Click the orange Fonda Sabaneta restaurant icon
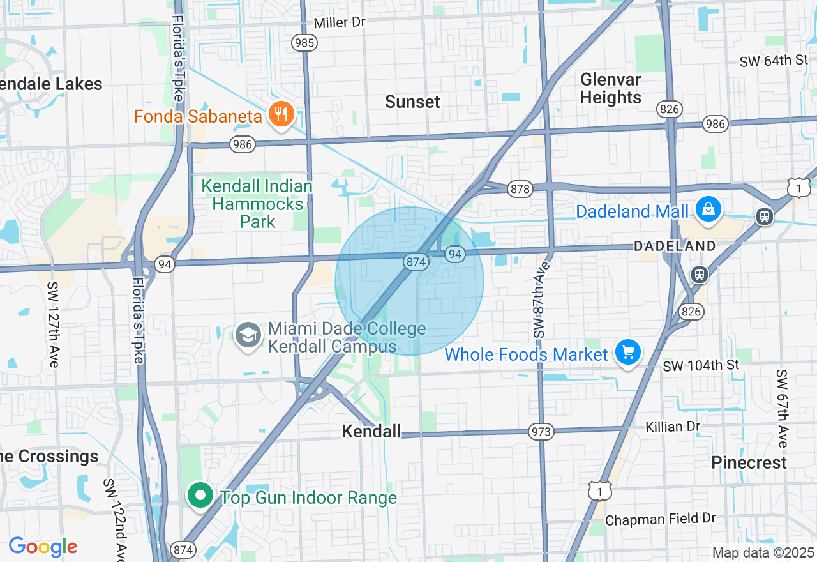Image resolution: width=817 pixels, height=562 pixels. [x=281, y=116]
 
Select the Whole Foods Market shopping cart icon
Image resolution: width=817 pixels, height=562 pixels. [x=628, y=352]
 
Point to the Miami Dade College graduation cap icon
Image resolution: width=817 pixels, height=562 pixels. [x=248, y=335]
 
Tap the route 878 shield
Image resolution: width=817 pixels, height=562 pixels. [x=520, y=189]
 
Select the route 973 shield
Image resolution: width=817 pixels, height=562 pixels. [x=541, y=432]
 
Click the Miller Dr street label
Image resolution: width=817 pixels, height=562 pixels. [x=340, y=23]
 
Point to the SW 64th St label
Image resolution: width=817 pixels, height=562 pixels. [x=774, y=61]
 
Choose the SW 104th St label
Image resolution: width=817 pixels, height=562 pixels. [x=701, y=365]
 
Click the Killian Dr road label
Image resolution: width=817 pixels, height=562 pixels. [x=673, y=426]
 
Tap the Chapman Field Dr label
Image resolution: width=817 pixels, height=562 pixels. [x=661, y=519]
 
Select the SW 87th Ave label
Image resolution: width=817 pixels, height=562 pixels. [x=540, y=300]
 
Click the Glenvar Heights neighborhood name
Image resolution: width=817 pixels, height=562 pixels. [x=611, y=88]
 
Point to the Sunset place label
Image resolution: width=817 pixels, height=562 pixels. [x=413, y=102]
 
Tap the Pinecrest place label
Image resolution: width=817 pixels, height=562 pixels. [x=749, y=462]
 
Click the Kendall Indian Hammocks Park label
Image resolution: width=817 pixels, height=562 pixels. [x=257, y=204]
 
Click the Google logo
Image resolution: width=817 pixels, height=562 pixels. [x=43, y=547]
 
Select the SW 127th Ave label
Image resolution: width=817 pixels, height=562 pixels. [x=52, y=324]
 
